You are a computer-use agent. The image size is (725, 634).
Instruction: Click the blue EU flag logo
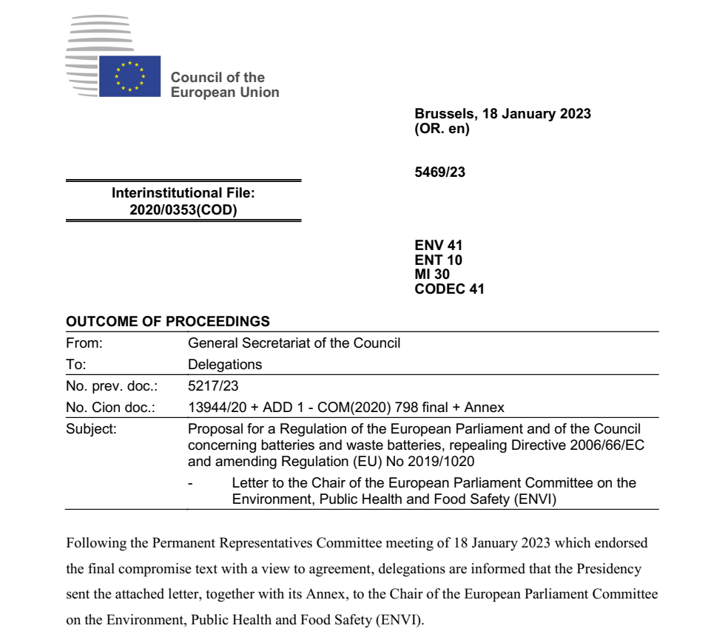(129, 76)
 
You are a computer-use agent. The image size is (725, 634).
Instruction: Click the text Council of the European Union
(225, 85)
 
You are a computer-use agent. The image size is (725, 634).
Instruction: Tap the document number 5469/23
(440, 172)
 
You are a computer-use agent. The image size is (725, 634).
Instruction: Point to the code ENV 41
(439, 245)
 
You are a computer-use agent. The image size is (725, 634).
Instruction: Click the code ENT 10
(439, 260)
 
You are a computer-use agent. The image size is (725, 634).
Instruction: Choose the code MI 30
(432, 274)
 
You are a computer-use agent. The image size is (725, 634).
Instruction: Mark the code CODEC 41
(450, 289)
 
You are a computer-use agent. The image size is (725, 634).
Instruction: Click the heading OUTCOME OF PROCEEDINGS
(168, 322)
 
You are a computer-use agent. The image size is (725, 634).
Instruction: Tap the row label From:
(84, 343)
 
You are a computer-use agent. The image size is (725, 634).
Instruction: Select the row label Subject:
(91, 429)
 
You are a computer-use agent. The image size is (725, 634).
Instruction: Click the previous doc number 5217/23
(214, 386)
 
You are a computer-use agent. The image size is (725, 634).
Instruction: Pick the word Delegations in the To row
(225, 365)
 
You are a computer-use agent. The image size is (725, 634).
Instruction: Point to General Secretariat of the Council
(294, 343)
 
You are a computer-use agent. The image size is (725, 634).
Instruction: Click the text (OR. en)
(442, 129)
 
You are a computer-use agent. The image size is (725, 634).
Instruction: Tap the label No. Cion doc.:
(110, 408)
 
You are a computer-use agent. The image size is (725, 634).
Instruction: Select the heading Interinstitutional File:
(183, 193)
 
